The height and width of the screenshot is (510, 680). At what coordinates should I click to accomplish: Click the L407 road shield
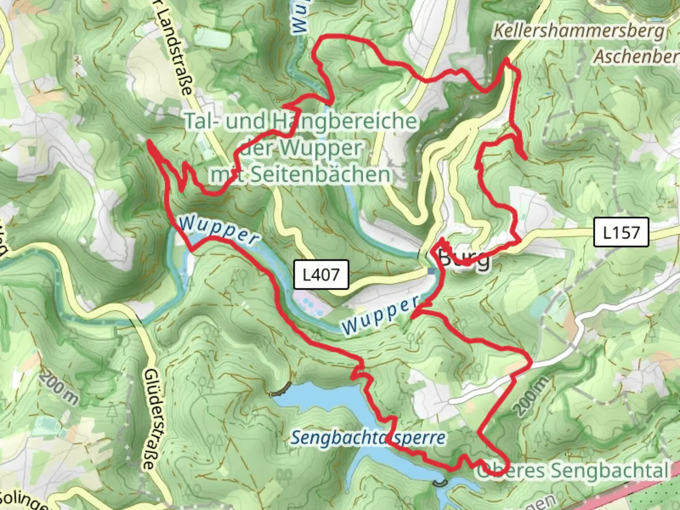click(x=321, y=274)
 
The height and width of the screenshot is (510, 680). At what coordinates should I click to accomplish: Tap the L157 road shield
click(x=621, y=232)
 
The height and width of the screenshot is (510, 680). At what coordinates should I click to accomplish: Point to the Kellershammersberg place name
click(x=579, y=31)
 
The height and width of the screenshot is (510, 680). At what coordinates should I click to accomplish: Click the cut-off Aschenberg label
click(x=636, y=56)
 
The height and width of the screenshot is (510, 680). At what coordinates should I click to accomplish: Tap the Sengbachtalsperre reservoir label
click(x=367, y=438)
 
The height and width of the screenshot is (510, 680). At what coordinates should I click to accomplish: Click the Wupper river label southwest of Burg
click(x=380, y=315)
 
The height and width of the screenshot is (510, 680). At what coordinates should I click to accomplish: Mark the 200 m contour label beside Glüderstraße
click(x=59, y=389)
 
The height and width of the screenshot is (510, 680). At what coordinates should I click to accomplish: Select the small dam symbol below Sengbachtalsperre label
click(x=439, y=483)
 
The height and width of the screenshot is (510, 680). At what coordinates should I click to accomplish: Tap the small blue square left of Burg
click(x=432, y=271)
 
